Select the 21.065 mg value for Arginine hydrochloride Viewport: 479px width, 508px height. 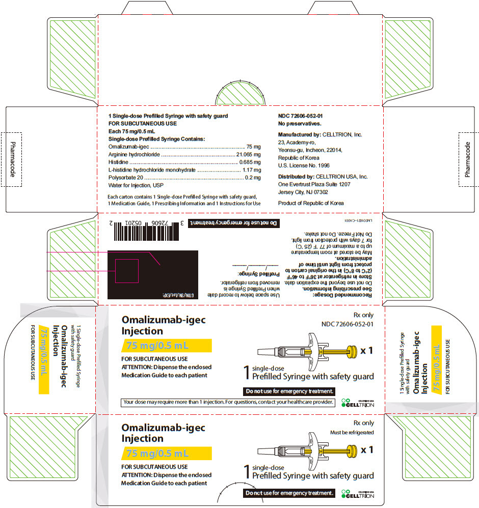[x=248, y=154]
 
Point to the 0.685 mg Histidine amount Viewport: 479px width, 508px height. [x=250, y=162]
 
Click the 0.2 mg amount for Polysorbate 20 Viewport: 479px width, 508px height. [x=252, y=178]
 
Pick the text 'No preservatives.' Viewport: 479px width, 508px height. [x=300, y=124]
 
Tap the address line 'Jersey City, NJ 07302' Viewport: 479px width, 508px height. [x=303, y=192]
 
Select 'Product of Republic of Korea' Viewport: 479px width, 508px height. [x=311, y=203]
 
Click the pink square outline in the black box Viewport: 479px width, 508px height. [x=127, y=270]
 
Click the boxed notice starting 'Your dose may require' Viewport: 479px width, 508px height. [x=228, y=402]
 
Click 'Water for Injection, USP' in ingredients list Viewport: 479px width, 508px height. [x=136, y=185]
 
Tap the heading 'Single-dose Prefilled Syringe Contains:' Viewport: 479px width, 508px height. [x=157, y=139]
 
